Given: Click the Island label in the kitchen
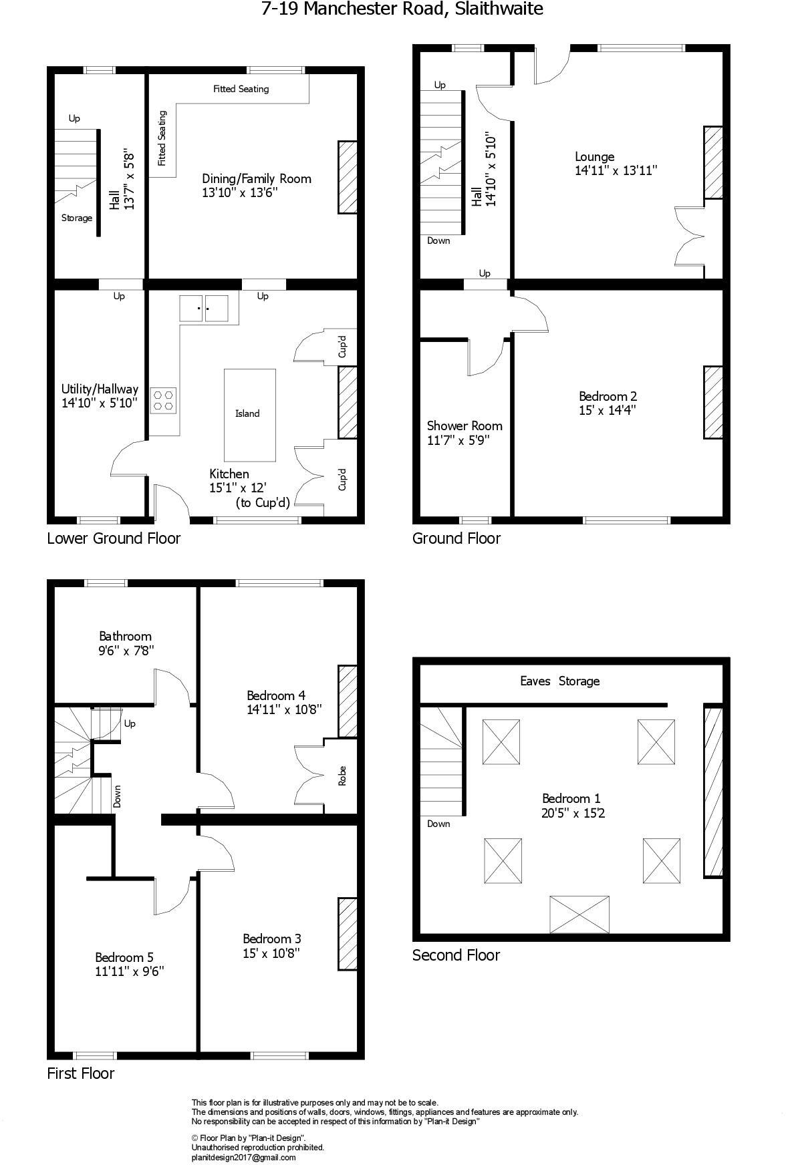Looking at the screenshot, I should click(x=247, y=413).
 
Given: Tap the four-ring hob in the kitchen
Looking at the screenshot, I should click(x=163, y=399).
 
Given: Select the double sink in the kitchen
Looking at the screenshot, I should click(x=204, y=308).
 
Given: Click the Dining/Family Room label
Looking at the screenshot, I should click(x=257, y=178).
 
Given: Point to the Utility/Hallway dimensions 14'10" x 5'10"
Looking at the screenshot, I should click(x=100, y=403).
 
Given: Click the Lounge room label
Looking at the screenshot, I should click(x=594, y=157).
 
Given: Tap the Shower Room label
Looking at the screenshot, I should click(x=465, y=426).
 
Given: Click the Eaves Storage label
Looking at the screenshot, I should click(x=559, y=681).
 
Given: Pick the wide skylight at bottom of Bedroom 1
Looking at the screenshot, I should click(x=579, y=914).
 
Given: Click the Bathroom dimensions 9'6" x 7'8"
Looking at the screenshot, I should click(x=126, y=649).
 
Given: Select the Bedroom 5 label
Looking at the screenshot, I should click(x=129, y=957).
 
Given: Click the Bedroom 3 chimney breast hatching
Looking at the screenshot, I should click(x=347, y=933).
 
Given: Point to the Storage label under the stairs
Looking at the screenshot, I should click(x=77, y=218).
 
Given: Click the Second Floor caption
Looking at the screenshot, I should click(x=456, y=955).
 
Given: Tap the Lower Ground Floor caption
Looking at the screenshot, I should click(x=114, y=538).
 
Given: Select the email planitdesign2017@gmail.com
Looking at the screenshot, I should click(x=243, y=1158).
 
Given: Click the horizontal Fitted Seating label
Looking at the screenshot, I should click(x=241, y=88).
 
